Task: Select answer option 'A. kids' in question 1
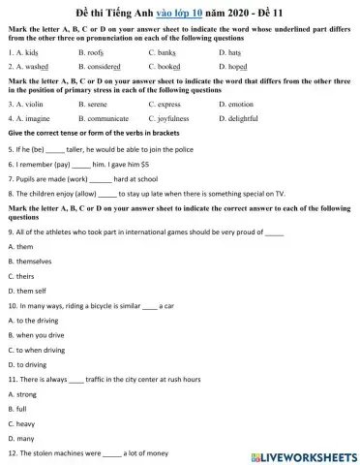click(23, 51)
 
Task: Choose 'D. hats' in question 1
click(230, 51)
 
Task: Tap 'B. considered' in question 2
click(99, 67)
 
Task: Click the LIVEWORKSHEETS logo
click(304, 455)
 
